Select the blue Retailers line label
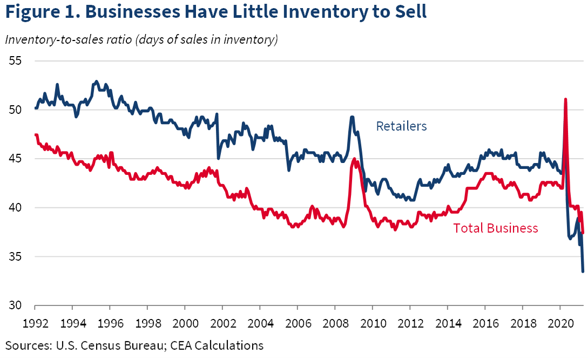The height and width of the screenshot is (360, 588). [401, 126]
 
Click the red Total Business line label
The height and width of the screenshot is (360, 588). [495, 228]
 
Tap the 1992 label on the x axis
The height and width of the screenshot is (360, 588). [35, 325]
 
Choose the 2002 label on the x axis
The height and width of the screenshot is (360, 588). [222, 325]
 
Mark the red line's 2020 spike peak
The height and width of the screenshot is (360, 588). [565, 99]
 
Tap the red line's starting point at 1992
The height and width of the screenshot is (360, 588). [35, 134]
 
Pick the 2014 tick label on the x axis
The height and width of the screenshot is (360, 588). [448, 325]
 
